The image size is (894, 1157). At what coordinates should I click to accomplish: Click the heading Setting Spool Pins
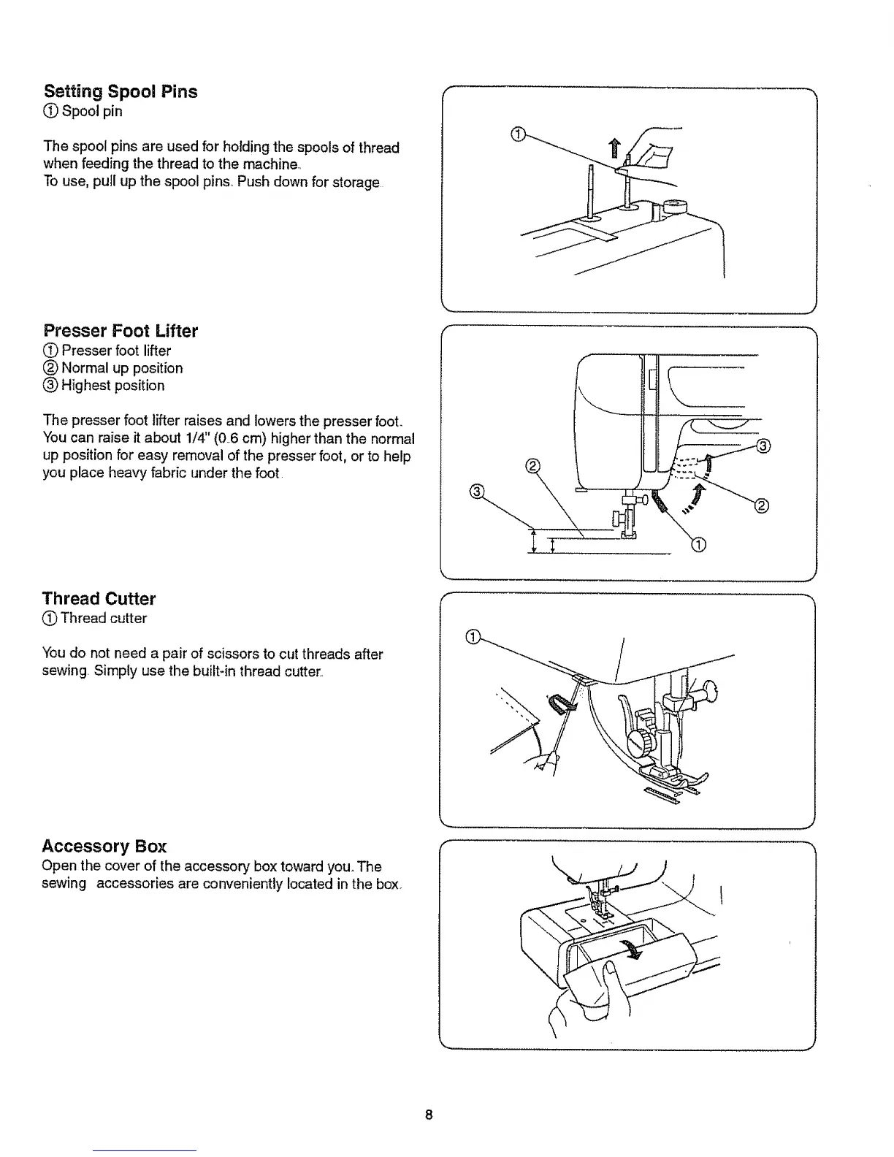[121, 92]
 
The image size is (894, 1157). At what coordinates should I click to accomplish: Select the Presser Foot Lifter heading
[121, 331]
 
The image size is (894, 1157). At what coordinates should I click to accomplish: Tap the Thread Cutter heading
[99, 599]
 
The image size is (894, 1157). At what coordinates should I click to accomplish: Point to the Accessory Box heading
[104, 847]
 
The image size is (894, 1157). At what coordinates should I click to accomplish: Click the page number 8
[429, 1115]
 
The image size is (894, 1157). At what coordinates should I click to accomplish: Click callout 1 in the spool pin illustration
[516, 133]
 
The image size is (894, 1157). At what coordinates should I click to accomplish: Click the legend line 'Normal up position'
[121, 368]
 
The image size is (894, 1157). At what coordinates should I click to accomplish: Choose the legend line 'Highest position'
[112, 386]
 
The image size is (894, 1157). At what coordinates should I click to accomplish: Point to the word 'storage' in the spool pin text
[356, 182]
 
